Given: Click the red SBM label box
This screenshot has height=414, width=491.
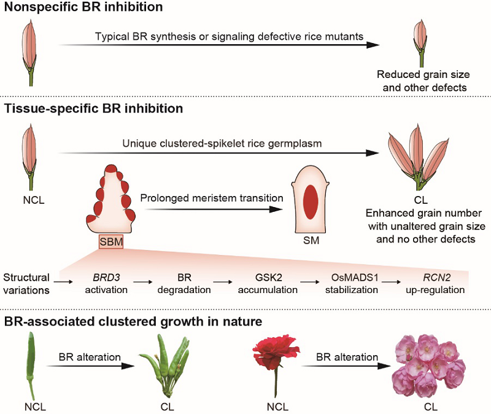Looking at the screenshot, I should click(x=110, y=242).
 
